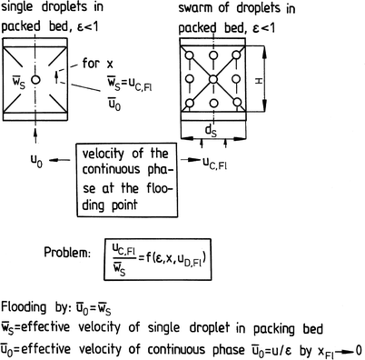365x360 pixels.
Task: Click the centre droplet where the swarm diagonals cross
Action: point(211,81)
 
